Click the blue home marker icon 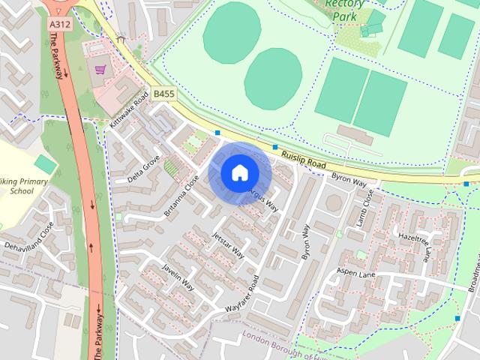click(239, 172)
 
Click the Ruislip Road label click(305, 158)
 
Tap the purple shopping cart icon click(100, 70)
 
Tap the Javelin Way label click(178, 277)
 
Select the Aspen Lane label click(354, 272)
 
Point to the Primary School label click(23, 186)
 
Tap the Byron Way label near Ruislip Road click(349, 182)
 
